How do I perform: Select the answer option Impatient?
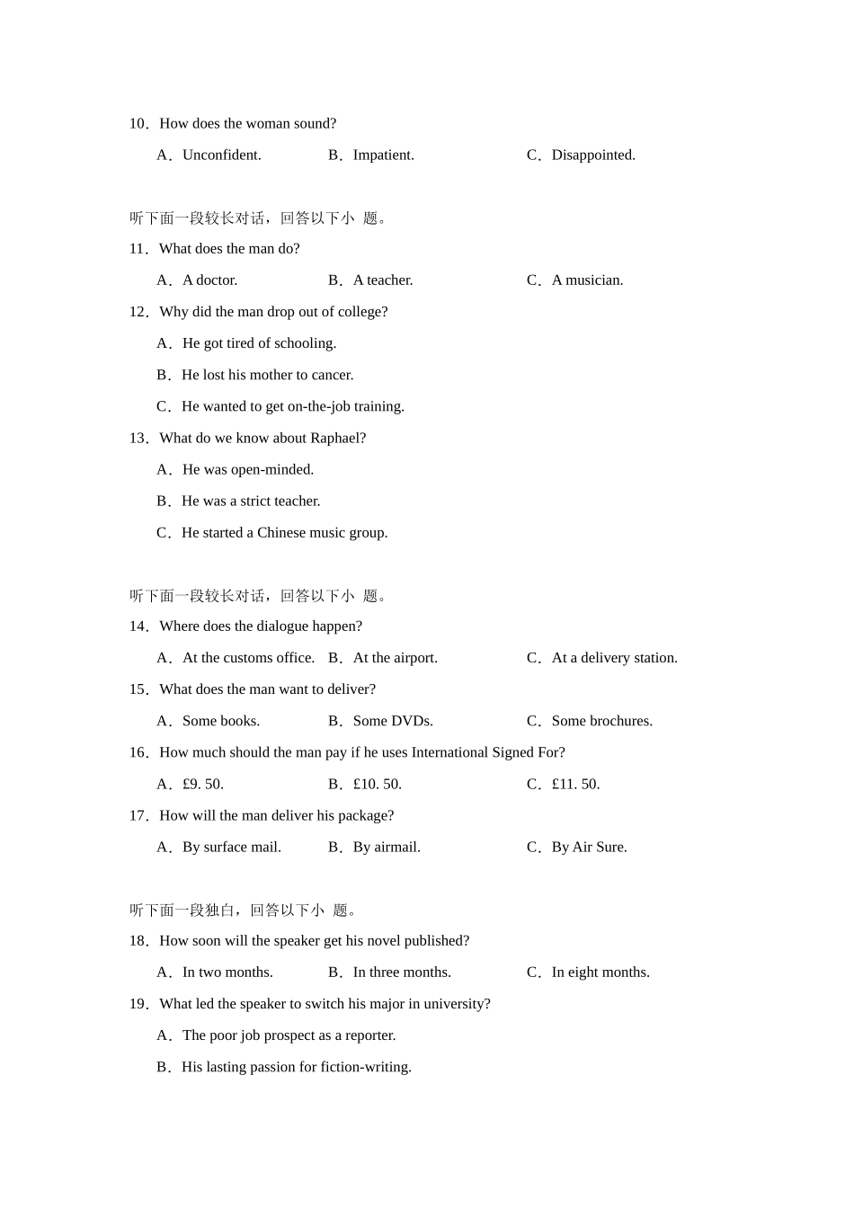[x=383, y=155]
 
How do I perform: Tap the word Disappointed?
[x=592, y=155]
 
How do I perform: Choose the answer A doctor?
[x=209, y=280]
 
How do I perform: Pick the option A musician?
[x=587, y=280]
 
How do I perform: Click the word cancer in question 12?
[x=332, y=375]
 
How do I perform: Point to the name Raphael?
[x=337, y=439]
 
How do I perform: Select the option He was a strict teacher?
[x=251, y=502]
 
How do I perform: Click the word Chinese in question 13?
[x=280, y=533]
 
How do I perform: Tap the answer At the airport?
[x=395, y=658]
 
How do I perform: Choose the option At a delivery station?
[x=614, y=658]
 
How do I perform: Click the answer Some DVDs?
[x=393, y=721]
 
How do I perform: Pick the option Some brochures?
[x=601, y=721]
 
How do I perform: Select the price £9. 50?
[x=202, y=785]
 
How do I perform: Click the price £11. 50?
[x=575, y=785]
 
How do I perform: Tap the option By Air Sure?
[x=589, y=848]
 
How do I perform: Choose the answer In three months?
[x=402, y=973]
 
